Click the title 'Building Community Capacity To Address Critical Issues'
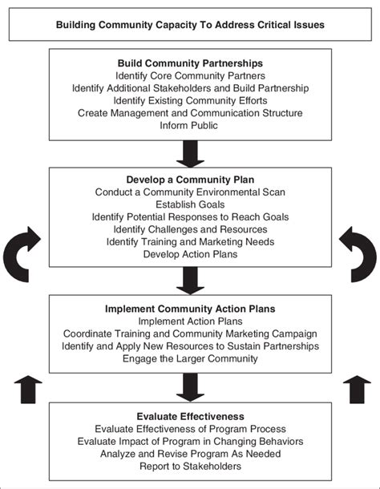(x=190, y=25)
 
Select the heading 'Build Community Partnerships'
(x=190, y=63)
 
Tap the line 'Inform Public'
(x=188, y=125)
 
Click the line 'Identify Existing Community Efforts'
(x=190, y=101)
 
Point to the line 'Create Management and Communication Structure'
(x=190, y=113)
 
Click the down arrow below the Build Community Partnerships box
(x=190, y=154)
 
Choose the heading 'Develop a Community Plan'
(x=190, y=180)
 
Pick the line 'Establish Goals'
(x=190, y=204)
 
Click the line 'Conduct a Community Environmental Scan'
(x=190, y=192)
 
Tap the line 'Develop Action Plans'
(x=190, y=254)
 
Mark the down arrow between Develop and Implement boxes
(x=190, y=281)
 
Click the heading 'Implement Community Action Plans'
(x=190, y=309)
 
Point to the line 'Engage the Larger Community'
(x=190, y=358)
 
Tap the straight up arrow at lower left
(x=28, y=390)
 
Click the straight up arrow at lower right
(x=357, y=390)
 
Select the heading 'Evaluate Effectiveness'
(x=190, y=417)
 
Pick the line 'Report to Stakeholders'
(x=190, y=467)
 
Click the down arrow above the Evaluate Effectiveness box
(x=190, y=388)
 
